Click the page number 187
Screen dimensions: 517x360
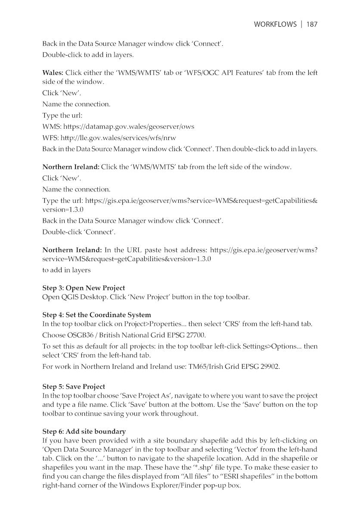[312, 24]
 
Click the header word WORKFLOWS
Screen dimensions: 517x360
[275, 24]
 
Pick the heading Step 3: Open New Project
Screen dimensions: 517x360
[84, 288]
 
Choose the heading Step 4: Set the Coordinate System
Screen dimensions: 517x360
[96, 315]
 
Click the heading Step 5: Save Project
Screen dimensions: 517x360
[74, 386]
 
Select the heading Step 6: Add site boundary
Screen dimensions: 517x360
[84, 431]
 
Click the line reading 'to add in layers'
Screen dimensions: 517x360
[66, 270]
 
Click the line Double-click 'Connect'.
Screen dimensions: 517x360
[78, 232]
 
